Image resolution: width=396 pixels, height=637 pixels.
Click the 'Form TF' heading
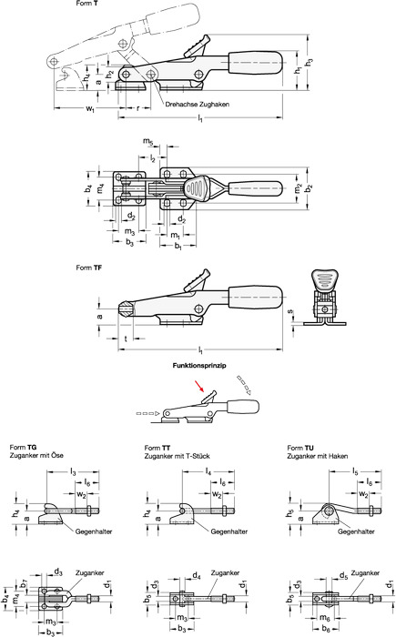(89, 268)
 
